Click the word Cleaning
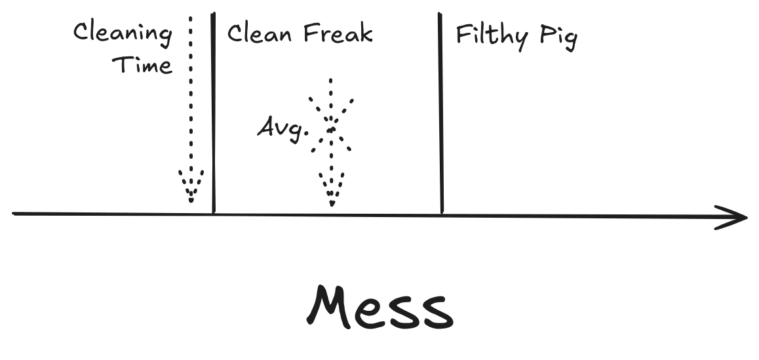coord(122,33)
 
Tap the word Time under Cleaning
coord(142,64)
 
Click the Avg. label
coord(282,127)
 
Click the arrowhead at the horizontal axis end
coord(734,217)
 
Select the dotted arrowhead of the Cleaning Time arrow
coord(191,186)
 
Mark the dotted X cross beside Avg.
coord(332,125)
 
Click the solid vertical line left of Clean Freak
coord(214,111)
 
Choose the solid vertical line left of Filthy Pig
coord(441,111)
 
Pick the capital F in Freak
coord(310,32)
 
